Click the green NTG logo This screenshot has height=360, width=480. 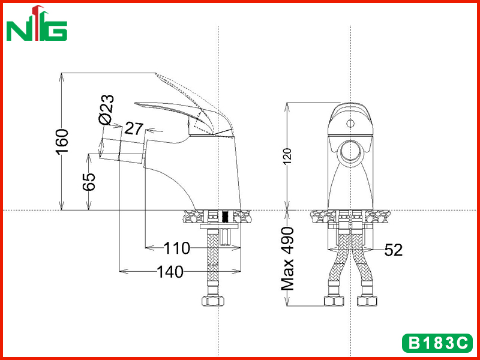(37, 23)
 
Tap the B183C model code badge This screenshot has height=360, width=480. (437, 343)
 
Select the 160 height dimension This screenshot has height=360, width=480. (63, 142)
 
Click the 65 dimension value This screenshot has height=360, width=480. (89, 182)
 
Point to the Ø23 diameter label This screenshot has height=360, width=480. (107, 110)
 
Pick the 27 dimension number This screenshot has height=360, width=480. (134, 129)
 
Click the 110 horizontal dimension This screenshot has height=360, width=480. (176, 248)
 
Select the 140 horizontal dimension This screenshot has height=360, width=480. (170, 272)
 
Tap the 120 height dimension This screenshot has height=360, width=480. (287, 157)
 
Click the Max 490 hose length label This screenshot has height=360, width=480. (288, 259)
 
